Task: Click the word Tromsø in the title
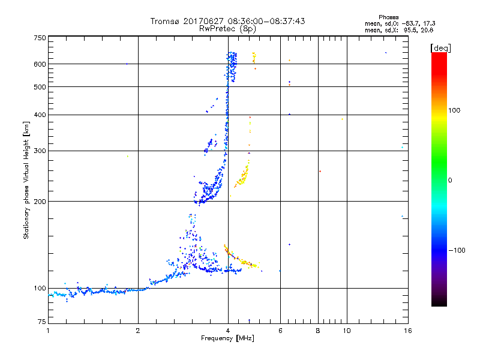point(163,21)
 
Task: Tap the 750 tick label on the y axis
point(40,38)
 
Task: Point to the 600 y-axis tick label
point(40,64)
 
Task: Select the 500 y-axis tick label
point(40,87)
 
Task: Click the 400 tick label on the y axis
point(40,115)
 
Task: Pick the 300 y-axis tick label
point(40,151)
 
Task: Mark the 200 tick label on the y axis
point(40,202)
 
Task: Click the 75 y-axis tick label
point(41,322)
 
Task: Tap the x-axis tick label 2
point(138,331)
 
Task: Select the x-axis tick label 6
point(280,331)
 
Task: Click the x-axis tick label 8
point(317,331)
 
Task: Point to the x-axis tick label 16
point(407,331)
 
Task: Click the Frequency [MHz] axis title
point(227,339)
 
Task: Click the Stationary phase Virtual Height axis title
point(26,180)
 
